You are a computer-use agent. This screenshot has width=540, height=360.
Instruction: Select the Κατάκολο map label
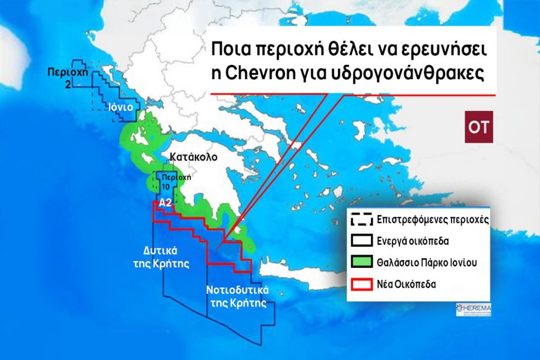pyautogui.click(x=194, y=157)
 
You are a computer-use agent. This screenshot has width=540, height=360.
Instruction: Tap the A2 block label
pyautogui.click(x=166, y=202)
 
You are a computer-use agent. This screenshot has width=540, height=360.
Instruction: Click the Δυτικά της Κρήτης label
pyautogui.click(x=166, y=256)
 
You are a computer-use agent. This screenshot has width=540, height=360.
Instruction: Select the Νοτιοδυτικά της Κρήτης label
pyautogui.click(x=237, y=297)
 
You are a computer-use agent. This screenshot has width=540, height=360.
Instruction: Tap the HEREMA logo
pyautogui.click(x=472, y=310)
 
